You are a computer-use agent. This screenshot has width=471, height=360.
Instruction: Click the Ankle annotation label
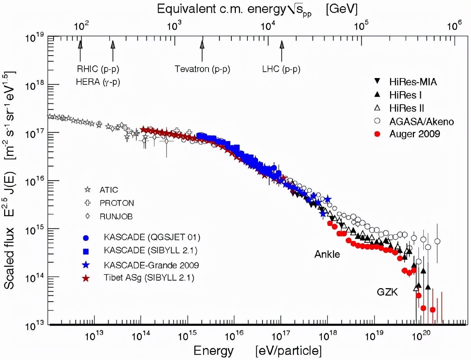point(327,254)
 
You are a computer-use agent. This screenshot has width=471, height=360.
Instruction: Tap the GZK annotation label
point(387,292)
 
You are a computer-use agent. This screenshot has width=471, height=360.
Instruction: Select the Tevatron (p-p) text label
point(202,69)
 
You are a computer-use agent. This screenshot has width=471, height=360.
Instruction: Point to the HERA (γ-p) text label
point(98,82)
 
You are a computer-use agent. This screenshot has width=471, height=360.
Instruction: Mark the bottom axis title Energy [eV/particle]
point(257,351)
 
